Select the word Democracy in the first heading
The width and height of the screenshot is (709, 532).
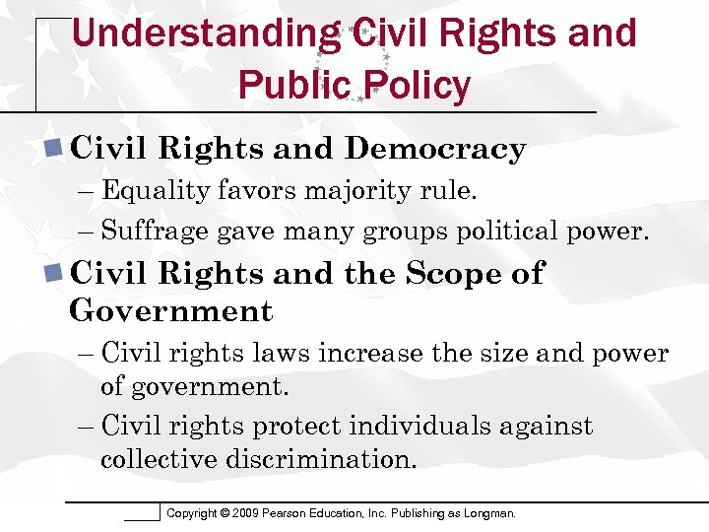click(x=435, y=149)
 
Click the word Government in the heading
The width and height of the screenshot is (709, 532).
click(x=170, y=311)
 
